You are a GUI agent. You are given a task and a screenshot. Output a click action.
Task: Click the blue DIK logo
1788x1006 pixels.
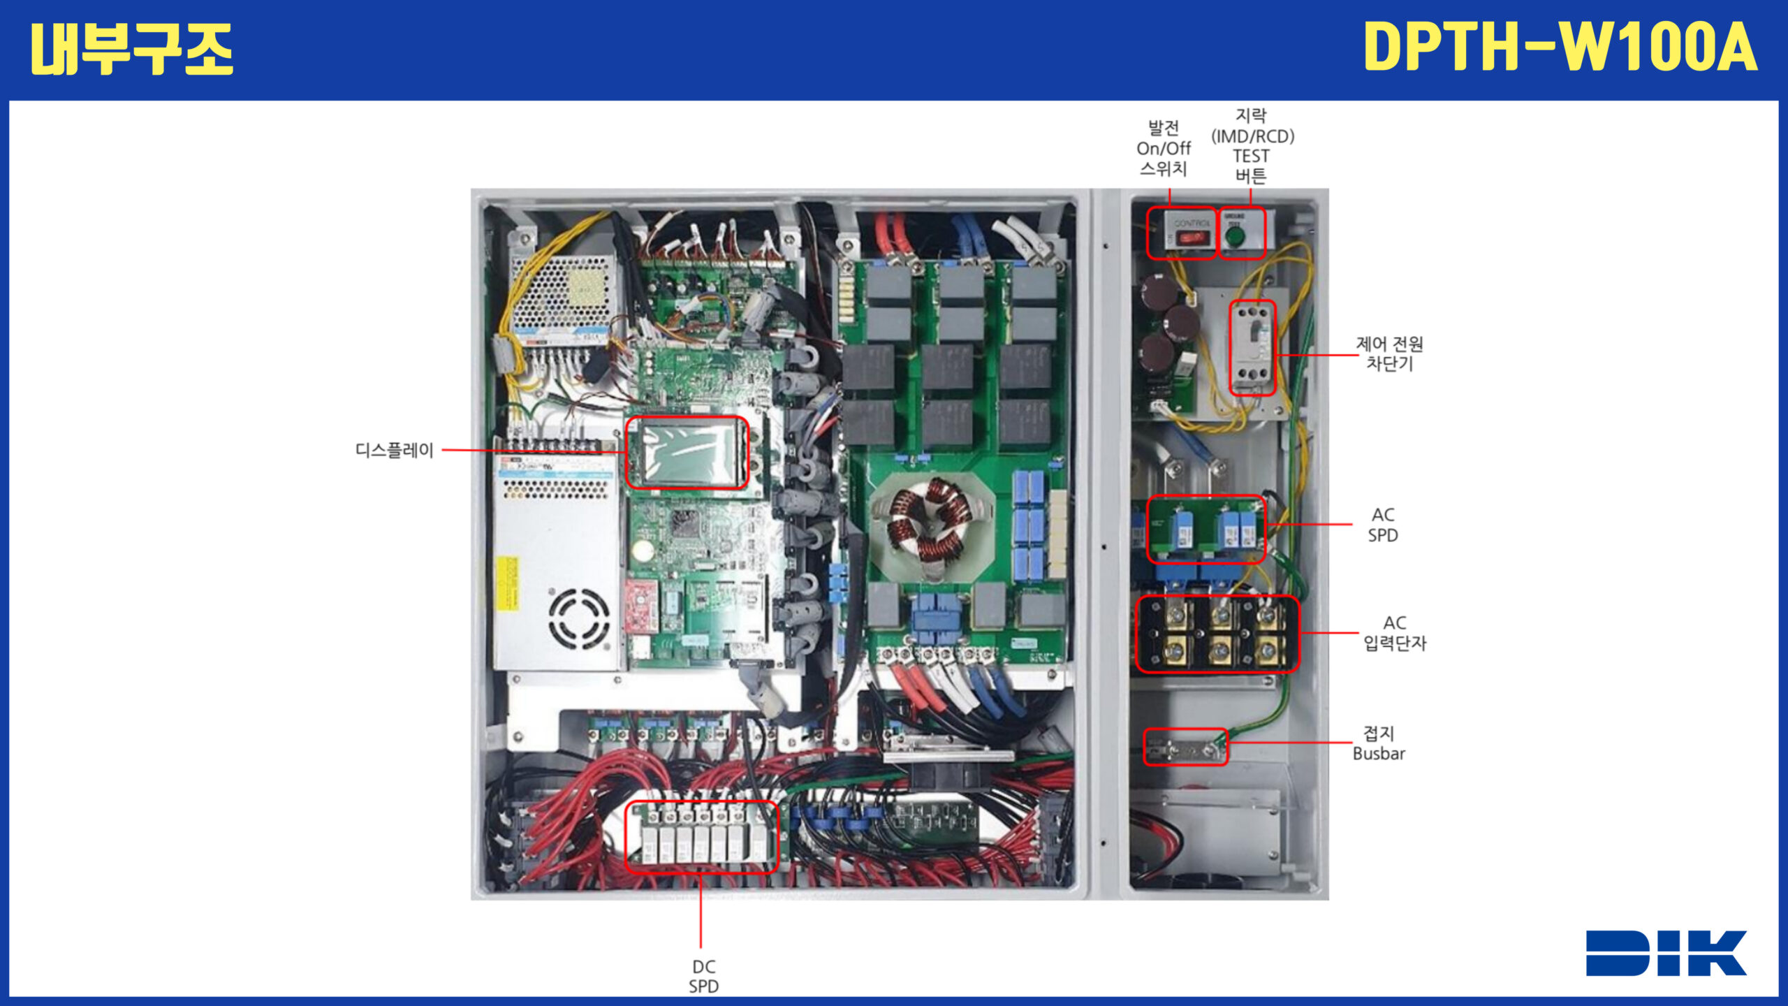1665,953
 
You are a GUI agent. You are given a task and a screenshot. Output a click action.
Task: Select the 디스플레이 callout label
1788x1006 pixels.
395,451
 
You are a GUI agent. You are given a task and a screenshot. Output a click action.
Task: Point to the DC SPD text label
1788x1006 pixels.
703,976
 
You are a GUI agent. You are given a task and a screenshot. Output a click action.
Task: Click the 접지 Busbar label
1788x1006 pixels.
1379,743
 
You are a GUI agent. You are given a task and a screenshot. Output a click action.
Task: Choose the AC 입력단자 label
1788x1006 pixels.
1395,633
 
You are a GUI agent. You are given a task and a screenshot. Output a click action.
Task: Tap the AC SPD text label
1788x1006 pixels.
1383,525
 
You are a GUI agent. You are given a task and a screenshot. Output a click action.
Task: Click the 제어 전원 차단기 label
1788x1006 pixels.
1389,353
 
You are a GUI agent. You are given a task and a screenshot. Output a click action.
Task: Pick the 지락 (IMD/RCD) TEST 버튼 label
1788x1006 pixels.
1252,145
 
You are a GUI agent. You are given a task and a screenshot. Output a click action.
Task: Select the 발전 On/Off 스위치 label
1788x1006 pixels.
1164,148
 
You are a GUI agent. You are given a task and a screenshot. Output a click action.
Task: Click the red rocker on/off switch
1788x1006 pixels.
1190,238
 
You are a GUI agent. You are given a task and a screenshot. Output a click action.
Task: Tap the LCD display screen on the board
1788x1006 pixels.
687,453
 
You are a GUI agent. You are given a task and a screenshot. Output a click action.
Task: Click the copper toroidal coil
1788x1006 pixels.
930,521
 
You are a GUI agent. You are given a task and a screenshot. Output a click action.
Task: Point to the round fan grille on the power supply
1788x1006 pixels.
579,619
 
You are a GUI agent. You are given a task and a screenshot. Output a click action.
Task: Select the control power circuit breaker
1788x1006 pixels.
1252,347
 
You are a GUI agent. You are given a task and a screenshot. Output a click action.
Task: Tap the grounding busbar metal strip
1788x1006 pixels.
1185,748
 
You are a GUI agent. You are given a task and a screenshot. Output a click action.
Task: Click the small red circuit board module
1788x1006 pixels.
641,605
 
